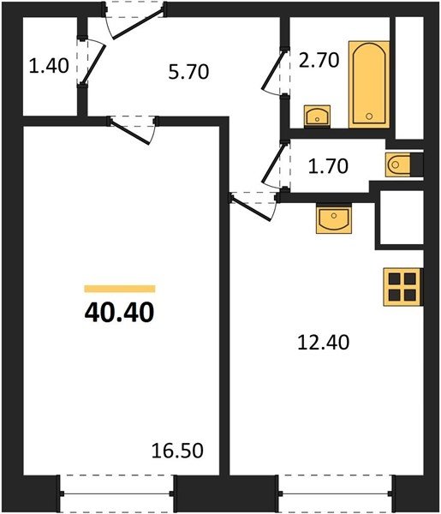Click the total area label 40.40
(x=119, y=313)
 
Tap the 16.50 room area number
(x=177, y=451)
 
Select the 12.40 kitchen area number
(x=324, y=343)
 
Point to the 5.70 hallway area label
(x=188, y=72)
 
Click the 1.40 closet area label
(x=49, y=65)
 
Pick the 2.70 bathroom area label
(x=319, y=60)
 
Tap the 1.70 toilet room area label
(x=328, y=166)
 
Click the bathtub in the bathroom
(x=369, y=84)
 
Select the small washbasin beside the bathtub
(x=317, y=116)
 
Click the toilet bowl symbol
(x=398, y=164)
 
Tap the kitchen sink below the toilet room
(x=334, y=218)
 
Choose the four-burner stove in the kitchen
(x=402, y=287)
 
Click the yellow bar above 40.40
(x=120, y=289)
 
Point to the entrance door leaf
(x=138, y=24)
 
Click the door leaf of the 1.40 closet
(x=94, y=64)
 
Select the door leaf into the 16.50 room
(x=130, y=133)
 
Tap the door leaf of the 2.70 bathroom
(x=273, y=69)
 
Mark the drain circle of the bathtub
(x=369, y=116)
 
